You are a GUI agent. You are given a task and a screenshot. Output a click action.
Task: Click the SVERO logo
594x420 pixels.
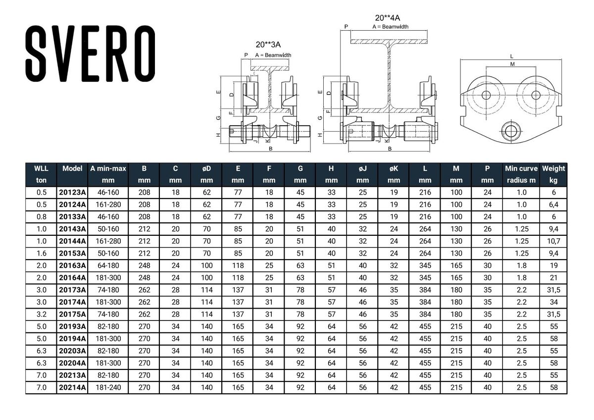tap(91, 53)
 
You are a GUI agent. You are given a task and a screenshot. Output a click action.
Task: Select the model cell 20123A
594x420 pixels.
tap(72, 192)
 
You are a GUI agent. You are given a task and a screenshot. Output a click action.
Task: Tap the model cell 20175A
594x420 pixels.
tap(72, 315)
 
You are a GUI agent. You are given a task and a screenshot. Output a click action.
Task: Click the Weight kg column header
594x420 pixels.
tap(553, 174)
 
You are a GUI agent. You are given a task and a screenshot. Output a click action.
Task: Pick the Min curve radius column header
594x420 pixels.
tap(521, 174)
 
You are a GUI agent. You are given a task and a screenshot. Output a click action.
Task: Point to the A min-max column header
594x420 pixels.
tap(108, 174)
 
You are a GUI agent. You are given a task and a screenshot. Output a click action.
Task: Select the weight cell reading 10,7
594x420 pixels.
tap(554, 241)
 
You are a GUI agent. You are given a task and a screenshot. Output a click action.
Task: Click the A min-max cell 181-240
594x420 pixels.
tap(108, 388)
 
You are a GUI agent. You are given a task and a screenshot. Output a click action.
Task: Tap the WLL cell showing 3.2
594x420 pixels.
tap(42, 315)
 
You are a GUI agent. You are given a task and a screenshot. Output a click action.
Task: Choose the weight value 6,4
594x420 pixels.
tap(554, 205)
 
